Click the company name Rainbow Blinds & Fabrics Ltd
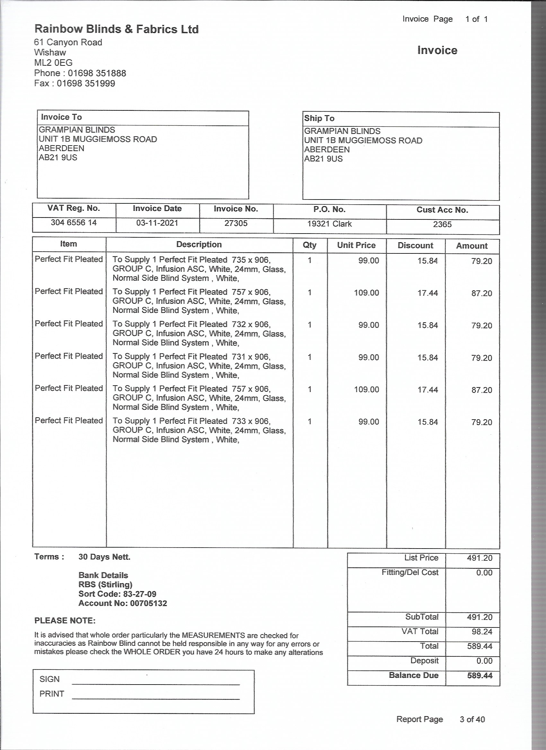[117, 30]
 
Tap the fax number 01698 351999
[86, 83]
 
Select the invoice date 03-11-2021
[157, 223]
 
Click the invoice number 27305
[236, 223]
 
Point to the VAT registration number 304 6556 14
[74, 223]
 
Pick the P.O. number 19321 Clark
[329, 224]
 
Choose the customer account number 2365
[442, 225]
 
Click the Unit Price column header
[356, 245]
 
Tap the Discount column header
[415, 246]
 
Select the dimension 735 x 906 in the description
[251, 260]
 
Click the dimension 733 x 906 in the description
[251, 421]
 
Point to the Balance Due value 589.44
[480, 676]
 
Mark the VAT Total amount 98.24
[482, 632]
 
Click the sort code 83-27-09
[139, 594]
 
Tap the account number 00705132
[148, 603]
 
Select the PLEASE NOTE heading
[65, 621]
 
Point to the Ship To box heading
[319, 118]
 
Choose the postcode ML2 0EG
[53, 63]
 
